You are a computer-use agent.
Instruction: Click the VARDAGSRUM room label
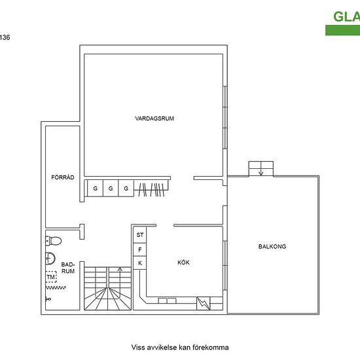point(154,118)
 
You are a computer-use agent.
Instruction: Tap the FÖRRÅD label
point(63,177)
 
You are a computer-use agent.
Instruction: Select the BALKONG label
point(272,246)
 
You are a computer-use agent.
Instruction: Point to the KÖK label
point(183,262)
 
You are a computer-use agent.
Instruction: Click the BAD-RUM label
point(68,268)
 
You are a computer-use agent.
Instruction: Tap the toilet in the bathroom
point(54,241)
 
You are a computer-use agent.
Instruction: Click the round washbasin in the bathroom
point(50,259)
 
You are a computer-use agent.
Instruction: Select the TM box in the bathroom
point(51,277)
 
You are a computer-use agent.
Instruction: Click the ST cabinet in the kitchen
point(140,235)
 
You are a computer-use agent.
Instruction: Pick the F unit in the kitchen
point(140,249)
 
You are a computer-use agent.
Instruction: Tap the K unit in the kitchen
point(140,263)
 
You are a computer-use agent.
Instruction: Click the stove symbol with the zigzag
point(204,304)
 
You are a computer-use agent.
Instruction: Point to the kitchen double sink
point(167,301)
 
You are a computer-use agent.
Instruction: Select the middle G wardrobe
point(111,189)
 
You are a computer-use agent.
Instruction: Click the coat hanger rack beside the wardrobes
point(152,189)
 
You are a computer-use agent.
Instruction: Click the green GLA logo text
point(346,17)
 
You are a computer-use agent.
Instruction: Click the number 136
point(5,37)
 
